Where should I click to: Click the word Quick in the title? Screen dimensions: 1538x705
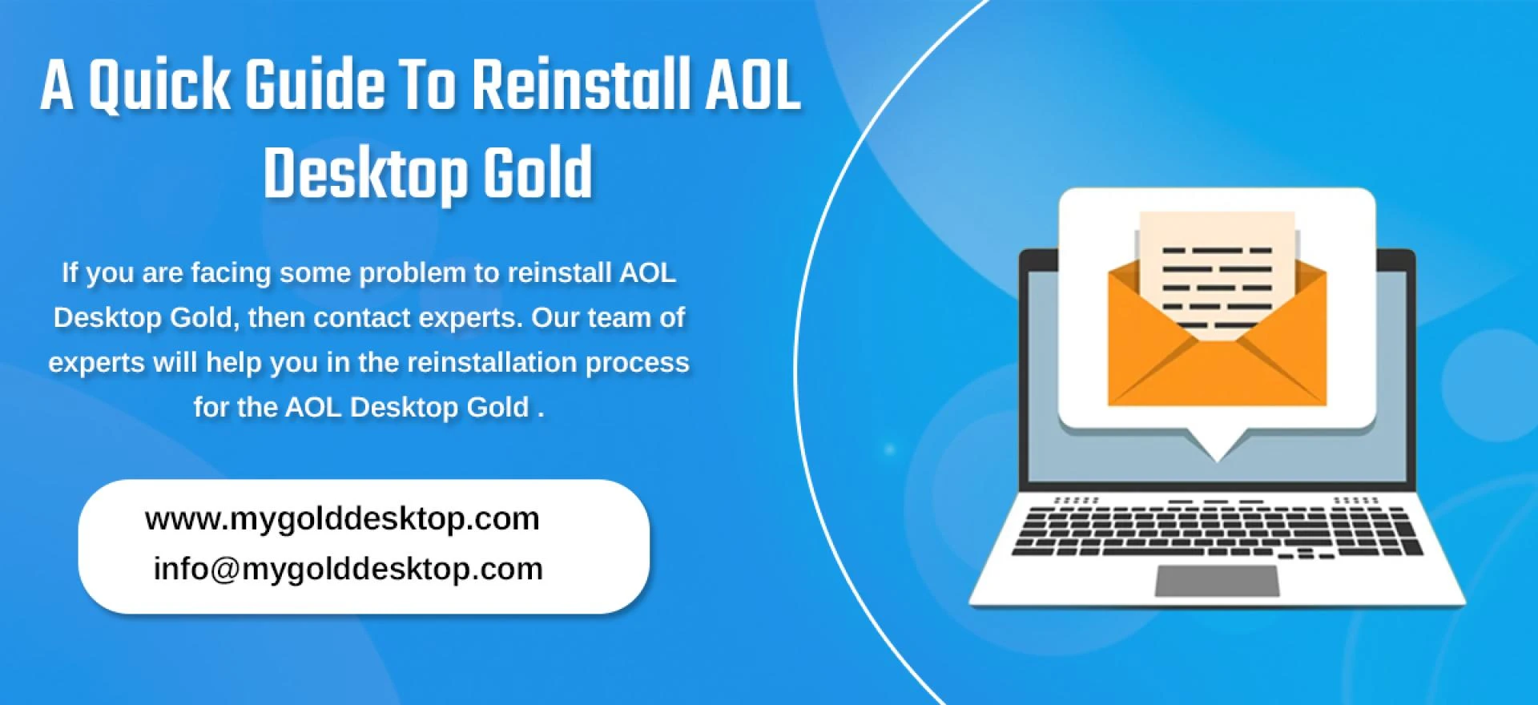point(158,86)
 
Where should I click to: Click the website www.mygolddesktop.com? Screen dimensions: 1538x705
point(342,518)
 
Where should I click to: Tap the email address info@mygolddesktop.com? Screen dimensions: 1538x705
point(348,569)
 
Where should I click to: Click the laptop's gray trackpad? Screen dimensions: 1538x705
point(1217,581)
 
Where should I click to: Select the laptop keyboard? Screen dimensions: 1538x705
point(1217,529)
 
